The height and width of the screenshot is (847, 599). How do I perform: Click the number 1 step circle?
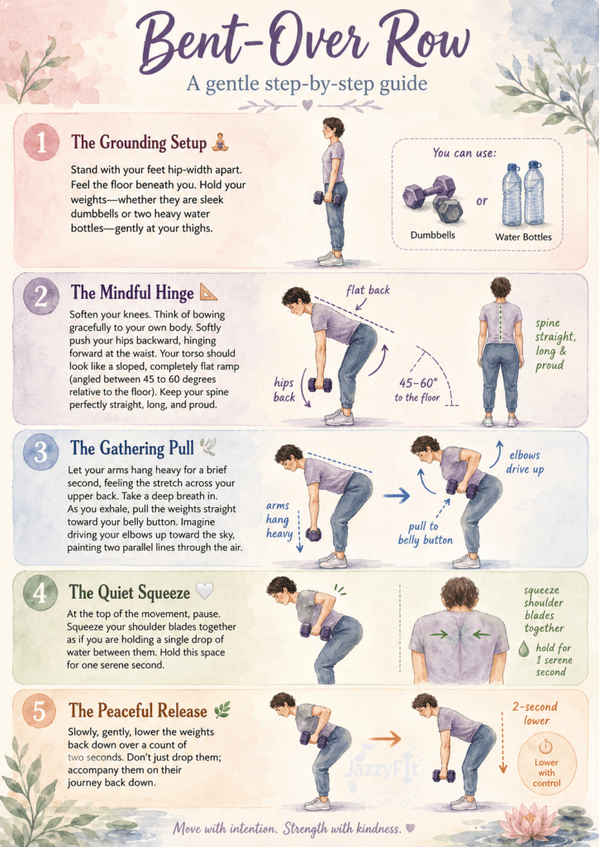[41, 142]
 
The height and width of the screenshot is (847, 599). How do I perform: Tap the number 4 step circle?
[40, 593]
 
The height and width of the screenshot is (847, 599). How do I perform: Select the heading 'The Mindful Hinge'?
[132, 293]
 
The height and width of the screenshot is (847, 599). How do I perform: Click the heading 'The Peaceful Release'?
[138, 711]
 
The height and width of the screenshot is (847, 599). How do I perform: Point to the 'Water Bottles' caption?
[524, 237]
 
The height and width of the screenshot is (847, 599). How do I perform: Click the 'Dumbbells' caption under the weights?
[433, 235]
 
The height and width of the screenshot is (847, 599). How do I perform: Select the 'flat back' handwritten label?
[368, 290]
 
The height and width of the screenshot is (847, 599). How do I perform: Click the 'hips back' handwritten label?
[284, 390]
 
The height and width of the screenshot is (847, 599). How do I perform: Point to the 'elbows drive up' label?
[525, 462]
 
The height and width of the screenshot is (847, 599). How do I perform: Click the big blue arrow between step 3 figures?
[397, 495]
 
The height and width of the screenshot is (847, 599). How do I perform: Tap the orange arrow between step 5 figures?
[385, 738]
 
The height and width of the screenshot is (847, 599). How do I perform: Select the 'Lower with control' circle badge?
[547, 763]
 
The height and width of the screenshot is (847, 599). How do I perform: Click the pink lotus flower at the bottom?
[528, 823]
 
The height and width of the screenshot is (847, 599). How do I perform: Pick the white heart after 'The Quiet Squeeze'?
[205, 591]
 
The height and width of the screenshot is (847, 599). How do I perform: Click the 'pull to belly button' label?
[425, 534]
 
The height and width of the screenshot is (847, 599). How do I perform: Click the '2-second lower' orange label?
[535, 713]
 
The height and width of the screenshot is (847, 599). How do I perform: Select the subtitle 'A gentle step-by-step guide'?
[307, 84]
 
